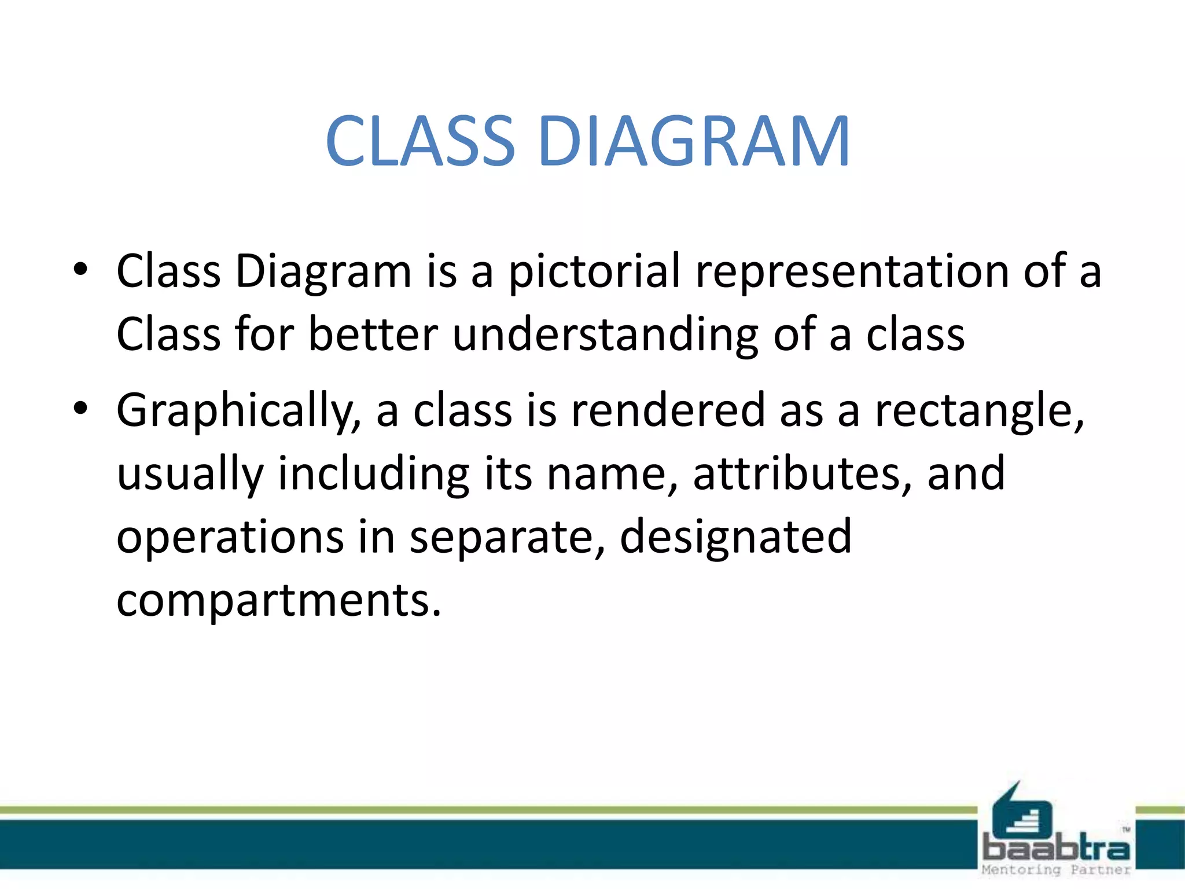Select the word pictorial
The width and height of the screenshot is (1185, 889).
[594, 271]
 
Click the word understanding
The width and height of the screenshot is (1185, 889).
[605, 335]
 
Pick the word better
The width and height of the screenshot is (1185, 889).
[373, 335]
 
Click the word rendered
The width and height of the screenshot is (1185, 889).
[668, 410]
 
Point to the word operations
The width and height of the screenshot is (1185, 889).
[230, 538]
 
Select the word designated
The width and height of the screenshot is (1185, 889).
[736, 538]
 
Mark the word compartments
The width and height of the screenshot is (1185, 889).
[278, 601]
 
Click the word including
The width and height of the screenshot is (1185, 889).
[373, 475]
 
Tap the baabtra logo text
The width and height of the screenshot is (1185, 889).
[1057, 849]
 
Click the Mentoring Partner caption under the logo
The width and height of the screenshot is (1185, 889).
[1057, 870]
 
